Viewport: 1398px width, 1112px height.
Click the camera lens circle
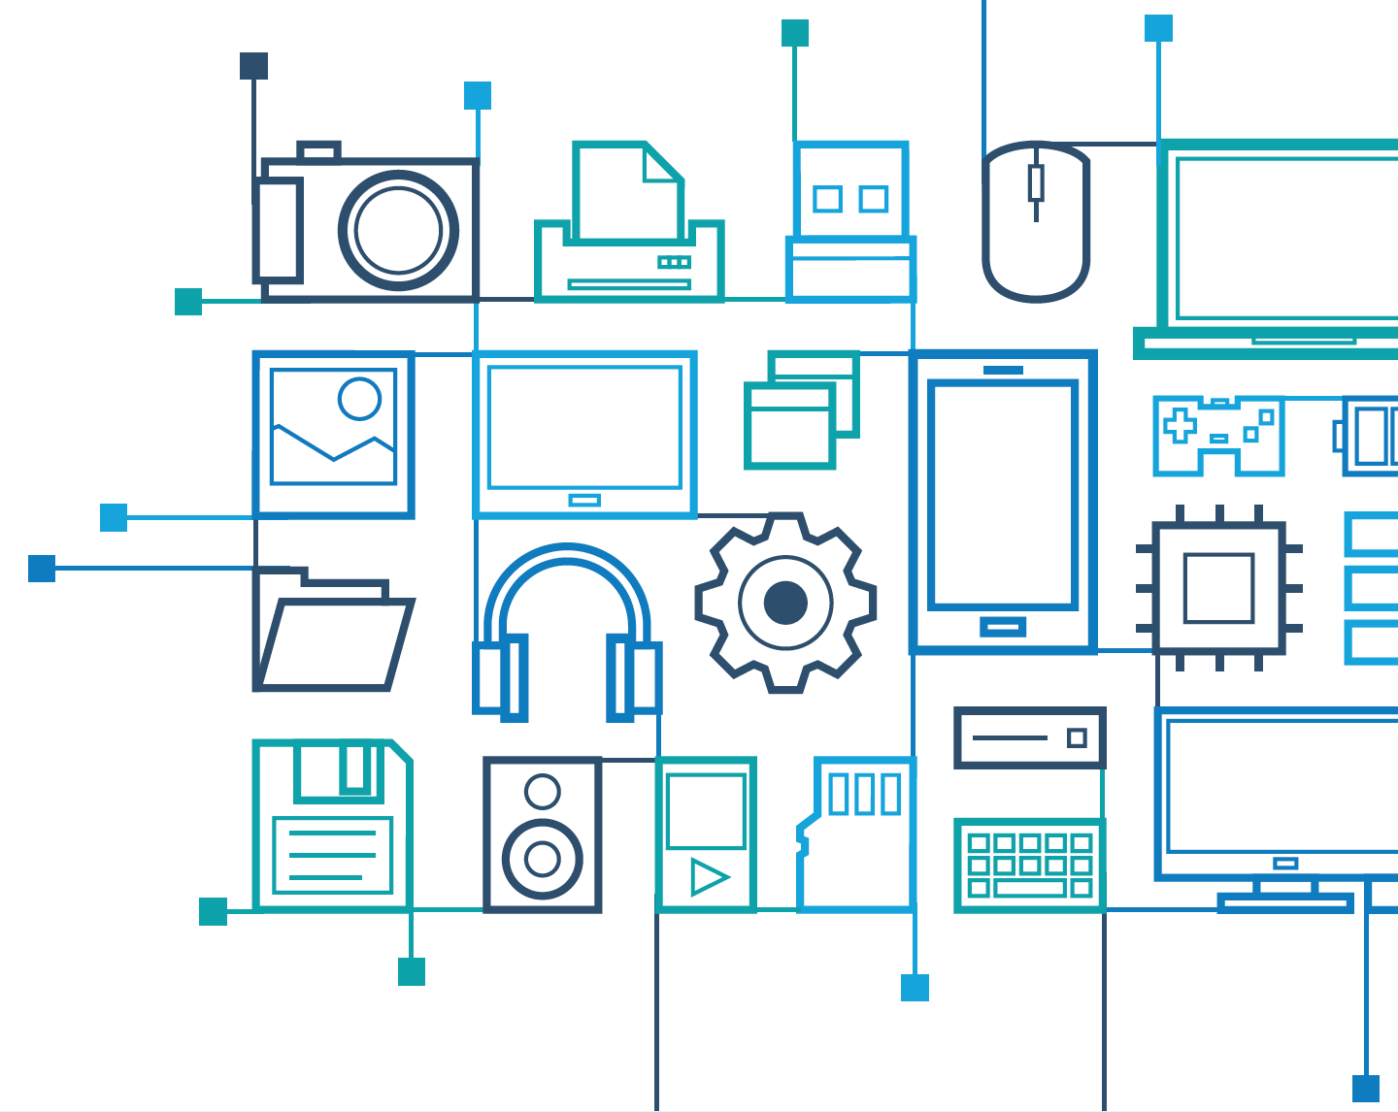click(x=398, y=231)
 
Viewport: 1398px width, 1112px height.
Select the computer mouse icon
click(x=1036, y=223)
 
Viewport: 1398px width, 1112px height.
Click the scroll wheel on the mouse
click(x=1036, y=182)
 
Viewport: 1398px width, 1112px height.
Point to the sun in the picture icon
click(x=359, y=398)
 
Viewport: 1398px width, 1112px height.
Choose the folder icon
click(x=332, y=631)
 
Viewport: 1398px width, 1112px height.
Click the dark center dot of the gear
click(x=785, y=603)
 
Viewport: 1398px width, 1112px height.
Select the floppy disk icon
click(x=333, y=826)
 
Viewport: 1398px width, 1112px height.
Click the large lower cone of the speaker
click(x=542, y=859)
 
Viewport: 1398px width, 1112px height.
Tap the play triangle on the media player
click(x=709, y=877)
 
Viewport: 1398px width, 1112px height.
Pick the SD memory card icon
click(x=856, y=834)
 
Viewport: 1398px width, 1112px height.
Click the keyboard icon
click(x=1029, y=865)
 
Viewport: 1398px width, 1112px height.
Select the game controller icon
click(x=1218, y=435)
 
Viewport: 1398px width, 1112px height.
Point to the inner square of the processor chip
click(x=1218, y=588)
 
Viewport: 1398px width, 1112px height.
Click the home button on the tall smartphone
click(x=1003, y=627)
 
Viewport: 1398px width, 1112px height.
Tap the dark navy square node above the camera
click(x=253, y=66)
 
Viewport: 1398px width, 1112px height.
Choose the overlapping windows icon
click(x=802, y=410)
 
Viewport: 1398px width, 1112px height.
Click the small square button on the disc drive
click(x=1076, y=738)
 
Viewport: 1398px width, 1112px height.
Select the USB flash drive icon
click(x=851, y=223)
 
